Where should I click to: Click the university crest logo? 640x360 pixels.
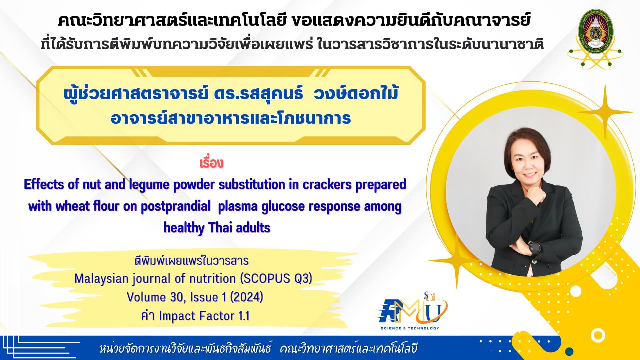click(595, 39)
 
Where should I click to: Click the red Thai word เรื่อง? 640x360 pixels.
click(211, 163)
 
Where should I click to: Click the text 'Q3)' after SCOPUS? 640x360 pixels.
click(303, 278)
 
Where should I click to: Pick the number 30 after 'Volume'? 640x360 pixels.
click(177, 297)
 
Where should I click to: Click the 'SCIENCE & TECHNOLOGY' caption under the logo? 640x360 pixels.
click(410, 328)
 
